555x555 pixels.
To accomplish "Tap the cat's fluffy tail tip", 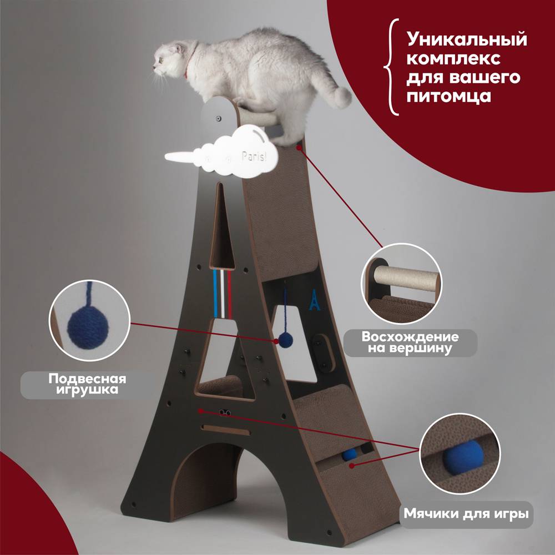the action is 341,97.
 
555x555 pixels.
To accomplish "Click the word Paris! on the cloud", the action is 254,155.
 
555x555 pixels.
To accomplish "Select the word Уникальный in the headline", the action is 467,39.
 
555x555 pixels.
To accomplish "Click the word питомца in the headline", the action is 449,95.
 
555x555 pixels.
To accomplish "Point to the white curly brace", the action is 392,67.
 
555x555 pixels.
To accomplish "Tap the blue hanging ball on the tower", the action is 285,341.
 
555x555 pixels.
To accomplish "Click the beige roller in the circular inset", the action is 407,279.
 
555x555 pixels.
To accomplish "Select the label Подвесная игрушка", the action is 88,384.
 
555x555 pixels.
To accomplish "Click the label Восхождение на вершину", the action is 410,342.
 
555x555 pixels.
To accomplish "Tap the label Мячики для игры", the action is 466,513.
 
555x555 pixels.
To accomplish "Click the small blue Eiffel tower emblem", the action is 314,300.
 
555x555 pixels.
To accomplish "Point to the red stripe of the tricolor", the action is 229,295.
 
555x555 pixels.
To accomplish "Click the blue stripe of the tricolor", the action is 215,295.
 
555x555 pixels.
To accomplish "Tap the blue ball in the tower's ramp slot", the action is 349,455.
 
